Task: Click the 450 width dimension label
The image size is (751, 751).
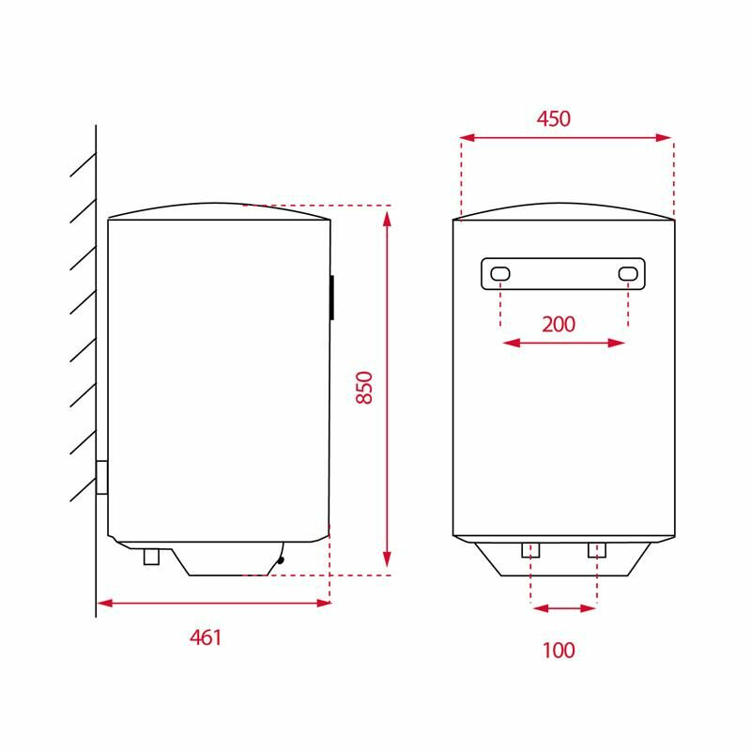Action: coord(554,119)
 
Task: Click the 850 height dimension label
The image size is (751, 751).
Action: coord(365,388)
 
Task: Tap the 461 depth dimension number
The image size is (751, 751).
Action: coord(206,638)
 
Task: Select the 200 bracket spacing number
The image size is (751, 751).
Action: coord(559,325)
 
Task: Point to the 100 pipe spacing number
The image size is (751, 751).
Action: coord(558,650)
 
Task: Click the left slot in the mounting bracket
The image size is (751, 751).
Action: coord(500,273)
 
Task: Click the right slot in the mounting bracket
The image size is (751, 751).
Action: coord(628,273)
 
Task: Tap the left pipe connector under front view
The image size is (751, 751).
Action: coord(530,550)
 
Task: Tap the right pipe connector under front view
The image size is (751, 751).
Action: coord(597,550)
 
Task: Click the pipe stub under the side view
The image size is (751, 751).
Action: coord(151,557)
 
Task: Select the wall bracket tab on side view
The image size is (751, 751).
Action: coord(101,477)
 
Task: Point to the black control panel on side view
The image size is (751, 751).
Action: coord(331,298)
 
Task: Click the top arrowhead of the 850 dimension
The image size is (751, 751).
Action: coord(387,218)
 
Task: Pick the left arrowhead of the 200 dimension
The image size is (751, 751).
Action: coord(510,344)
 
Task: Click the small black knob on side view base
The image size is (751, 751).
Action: coord(280,560)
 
